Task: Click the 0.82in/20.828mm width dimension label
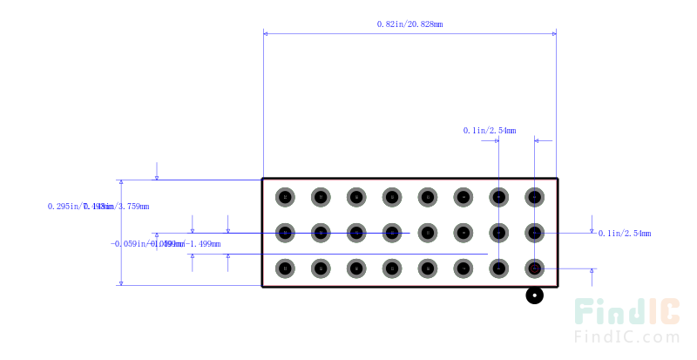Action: (409, 24)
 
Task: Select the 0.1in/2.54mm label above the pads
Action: (489, 131)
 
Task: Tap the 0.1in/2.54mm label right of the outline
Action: (625, 234)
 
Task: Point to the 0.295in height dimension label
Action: (98, 207)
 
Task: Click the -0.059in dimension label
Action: (166, 244)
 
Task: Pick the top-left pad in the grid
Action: (286, 197)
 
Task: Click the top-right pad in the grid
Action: (534, 197)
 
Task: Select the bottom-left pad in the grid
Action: (286, 268)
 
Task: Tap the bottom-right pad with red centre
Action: (534, 268)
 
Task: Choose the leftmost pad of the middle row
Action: (286, 233)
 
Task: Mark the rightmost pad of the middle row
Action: (534, 233)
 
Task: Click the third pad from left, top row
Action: (356, 197)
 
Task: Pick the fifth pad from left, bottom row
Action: (428, 268)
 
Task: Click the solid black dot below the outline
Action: (534, 296)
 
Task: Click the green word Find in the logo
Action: (609, 313)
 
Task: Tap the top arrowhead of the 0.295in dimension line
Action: (121, 183)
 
